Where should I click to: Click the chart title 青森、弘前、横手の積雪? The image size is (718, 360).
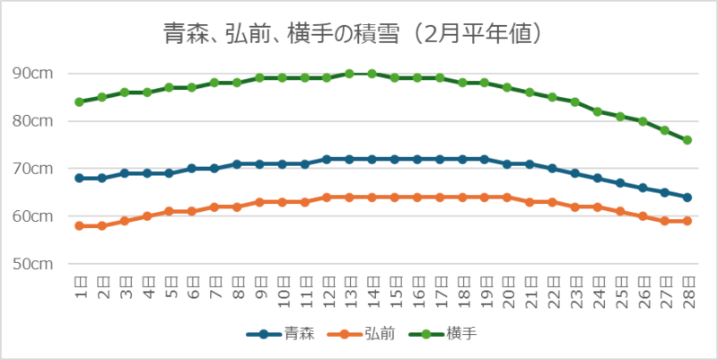pyautogui.click(x=354, y=34)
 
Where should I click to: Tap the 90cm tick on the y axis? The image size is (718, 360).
pyautogui.click(x=33, y=74)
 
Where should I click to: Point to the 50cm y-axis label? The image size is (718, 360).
pyautogui.click(x=33, y=264)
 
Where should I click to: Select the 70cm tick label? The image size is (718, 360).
pyautogui.click(x=33, y=169)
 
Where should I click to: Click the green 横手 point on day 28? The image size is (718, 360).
pyautogui.click(x=687, y=140)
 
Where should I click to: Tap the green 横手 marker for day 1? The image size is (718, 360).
pyautogui.click(x=79, y=101)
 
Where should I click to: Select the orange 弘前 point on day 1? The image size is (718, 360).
pyautogui.click(x=79, y=225)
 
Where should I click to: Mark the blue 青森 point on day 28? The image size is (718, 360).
pyautogui.click(x=687, y=198)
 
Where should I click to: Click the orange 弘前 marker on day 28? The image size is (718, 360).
pyautogui.click(x=687, y=221)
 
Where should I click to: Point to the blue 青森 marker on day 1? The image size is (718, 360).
pyautogui.click(x=79, y=178)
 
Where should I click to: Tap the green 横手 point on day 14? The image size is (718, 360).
pyautogui.click(x=372, y=74)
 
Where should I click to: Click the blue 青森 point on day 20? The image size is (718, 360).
pyautogui.click(x=507, y=163)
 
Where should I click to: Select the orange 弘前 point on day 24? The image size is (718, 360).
pyautogui.click(x=598, y=206)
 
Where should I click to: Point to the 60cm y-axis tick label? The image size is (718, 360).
pyautogui.click(x=33, y=216)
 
